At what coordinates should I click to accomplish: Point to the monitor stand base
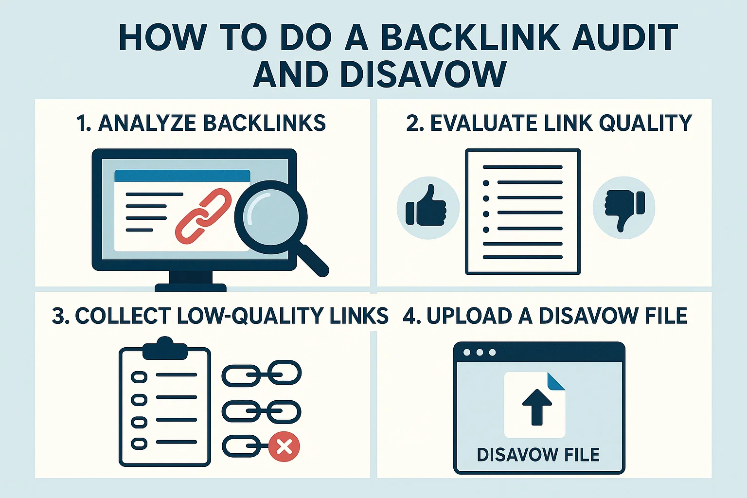[x=191, y=287]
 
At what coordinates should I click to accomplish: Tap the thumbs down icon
[x=624, y=208]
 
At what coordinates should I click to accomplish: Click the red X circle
[x=285, y=446]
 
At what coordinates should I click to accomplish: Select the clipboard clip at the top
[x=165, y=348]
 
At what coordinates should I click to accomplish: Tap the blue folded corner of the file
[x=556, y=381]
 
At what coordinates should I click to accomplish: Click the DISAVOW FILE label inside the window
[x=538, y=455]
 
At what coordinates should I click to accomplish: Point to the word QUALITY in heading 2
[x=645, y=123]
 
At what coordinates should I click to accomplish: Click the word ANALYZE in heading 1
[x=146, y=123]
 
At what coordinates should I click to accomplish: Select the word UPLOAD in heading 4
[x=469, y=316]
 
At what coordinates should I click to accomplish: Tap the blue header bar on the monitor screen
[x=182, y=176]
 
